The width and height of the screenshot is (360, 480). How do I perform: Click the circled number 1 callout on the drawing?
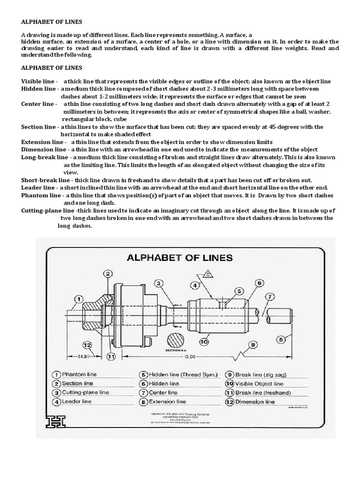click(79, 298)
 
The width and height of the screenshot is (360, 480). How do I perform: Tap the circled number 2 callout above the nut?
click(107, 274)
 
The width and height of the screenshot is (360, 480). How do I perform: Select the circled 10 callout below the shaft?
click(204, 342)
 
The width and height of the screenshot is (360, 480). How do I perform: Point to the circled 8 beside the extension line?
click(280, 338)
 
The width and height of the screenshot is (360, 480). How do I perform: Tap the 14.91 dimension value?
click(78, 357)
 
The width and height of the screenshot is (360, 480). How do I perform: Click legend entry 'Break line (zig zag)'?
click(262, 375)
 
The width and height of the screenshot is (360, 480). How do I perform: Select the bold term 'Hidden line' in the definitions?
click(38, 89)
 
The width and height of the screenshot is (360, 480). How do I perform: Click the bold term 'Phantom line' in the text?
click(41, 195)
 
